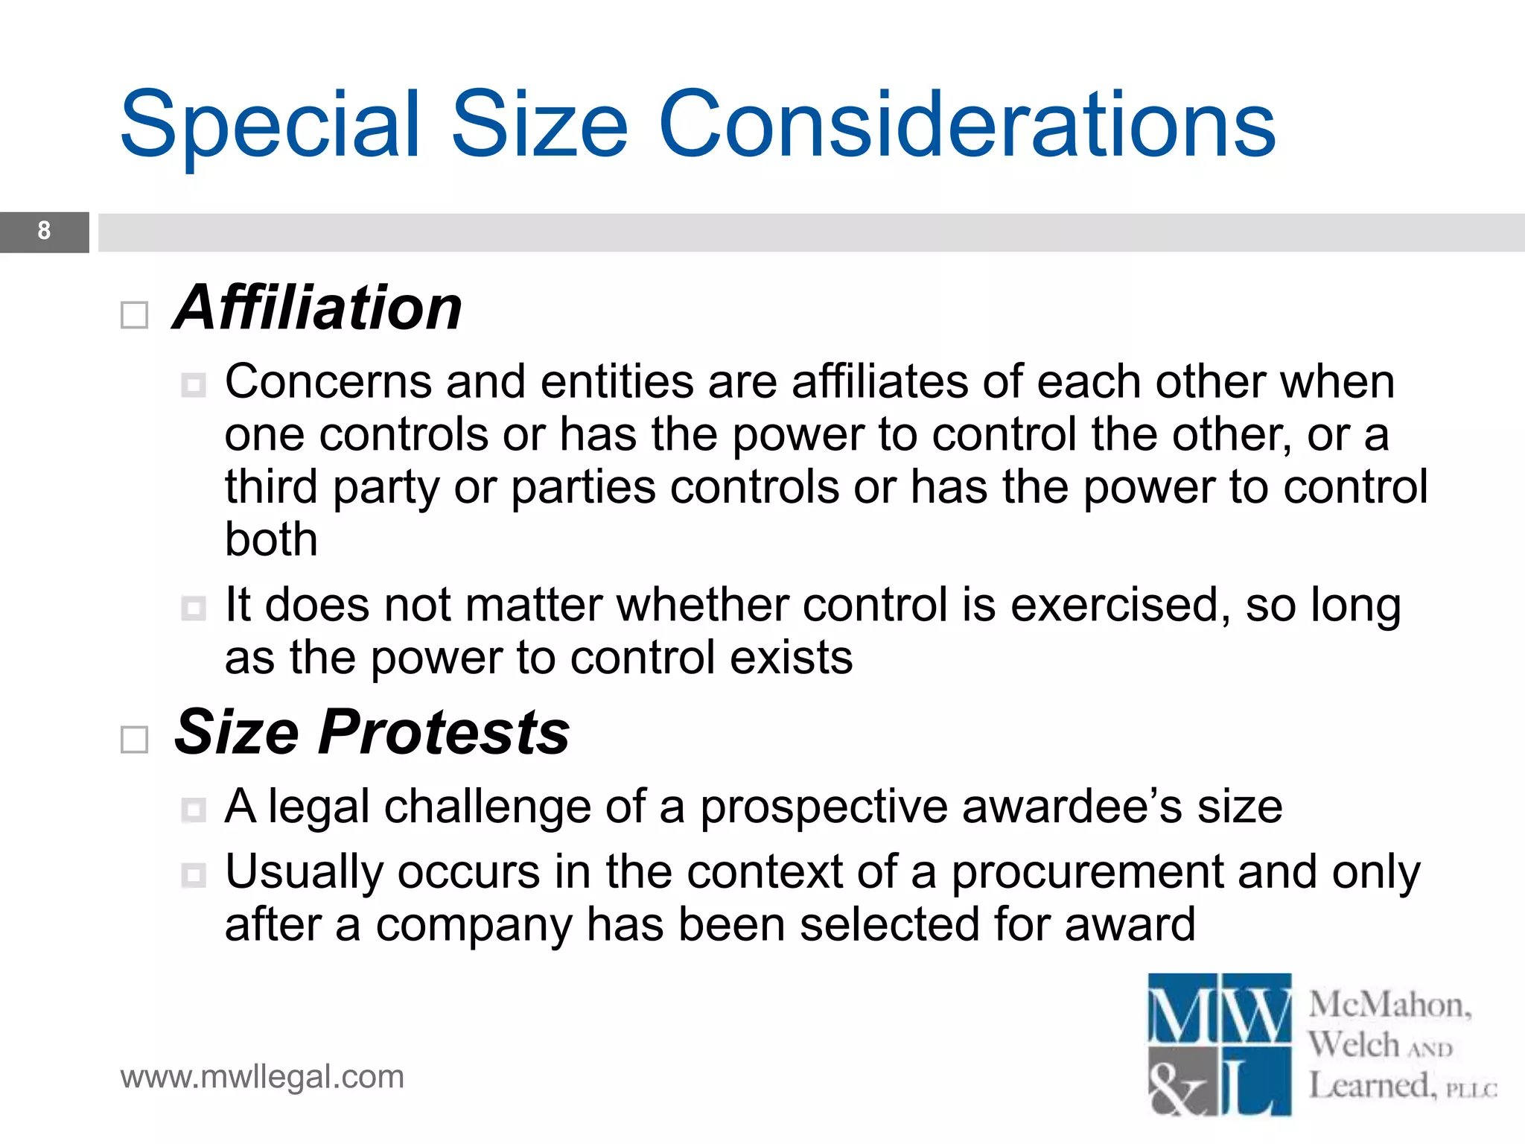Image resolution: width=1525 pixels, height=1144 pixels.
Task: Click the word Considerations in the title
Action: click(x=967, y=125)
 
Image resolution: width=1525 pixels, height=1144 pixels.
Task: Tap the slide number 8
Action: click(x=44, y=232)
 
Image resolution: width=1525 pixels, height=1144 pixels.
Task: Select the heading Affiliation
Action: click(x=318, y=308)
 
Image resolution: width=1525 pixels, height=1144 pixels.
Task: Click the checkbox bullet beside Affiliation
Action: click(x=135, y=315)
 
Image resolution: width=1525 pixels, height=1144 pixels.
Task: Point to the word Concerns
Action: click(x=328, y=382)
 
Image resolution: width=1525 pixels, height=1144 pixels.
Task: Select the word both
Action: click(x=271, y=539)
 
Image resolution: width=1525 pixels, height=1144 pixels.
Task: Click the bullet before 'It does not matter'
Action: click(x=194, y=608)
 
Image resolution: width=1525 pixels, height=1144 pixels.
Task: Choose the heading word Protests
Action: click(x=445, y=733)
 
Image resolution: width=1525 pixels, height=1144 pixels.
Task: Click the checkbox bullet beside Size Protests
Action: click(x=135, y=740)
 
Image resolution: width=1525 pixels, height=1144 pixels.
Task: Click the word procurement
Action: click(x=1087, y=872)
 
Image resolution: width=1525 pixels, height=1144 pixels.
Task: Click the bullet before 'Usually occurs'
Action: click(x=194, y=875)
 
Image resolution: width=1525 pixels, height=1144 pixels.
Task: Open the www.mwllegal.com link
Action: click(x=262, y=1077)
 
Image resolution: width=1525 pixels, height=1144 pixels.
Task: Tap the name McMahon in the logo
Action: click(x=1389, y=1005)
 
